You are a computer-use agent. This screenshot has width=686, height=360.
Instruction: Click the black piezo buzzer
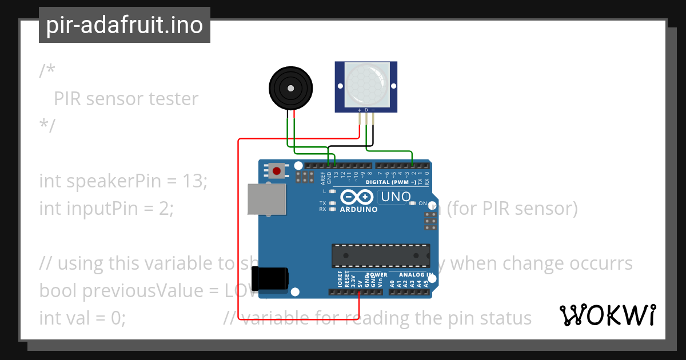click(x=290, y=88)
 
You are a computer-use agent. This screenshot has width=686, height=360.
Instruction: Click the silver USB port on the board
click(x=265, y=199)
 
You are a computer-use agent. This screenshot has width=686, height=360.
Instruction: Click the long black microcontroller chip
click(x=381, y=255)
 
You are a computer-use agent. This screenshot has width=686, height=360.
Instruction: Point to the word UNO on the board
click(x=395, y=197)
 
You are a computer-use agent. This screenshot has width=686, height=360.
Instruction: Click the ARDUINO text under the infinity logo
click(x=359, y=210)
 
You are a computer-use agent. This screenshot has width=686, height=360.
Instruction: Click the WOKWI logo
click(x=607, y=315)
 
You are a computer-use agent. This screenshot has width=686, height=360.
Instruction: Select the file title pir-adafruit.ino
click(x=125, y=26)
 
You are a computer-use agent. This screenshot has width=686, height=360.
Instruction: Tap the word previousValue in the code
click(x=143, y=291)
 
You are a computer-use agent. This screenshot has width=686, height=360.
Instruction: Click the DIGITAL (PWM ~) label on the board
click(x=398, y=182)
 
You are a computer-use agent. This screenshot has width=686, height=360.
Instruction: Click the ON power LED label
click(x=423, y=203)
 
